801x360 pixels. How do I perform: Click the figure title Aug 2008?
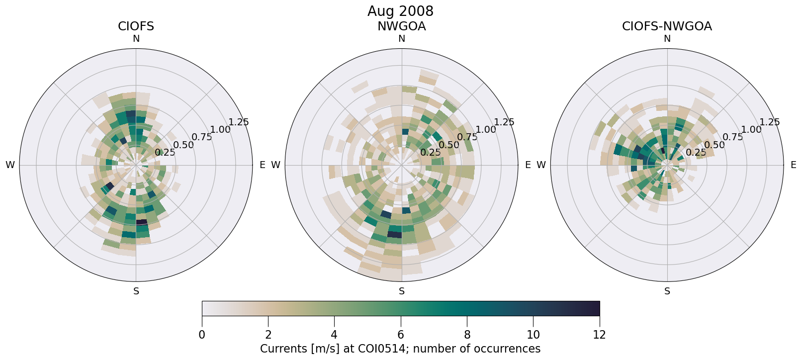point(400,11)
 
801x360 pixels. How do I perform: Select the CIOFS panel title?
point(136,26)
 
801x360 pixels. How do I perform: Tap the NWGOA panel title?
point(401,26)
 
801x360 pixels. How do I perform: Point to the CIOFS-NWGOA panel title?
point(667,26)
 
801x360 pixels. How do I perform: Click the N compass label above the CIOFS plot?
point(136,39)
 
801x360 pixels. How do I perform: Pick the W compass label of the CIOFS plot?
point(10,165)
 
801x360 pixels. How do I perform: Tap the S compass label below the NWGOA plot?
point(402,291)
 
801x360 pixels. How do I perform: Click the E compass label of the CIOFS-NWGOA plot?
point(793,165)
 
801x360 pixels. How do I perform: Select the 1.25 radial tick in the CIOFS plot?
point(238,122)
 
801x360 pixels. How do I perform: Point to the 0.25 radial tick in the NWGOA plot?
point(431,153)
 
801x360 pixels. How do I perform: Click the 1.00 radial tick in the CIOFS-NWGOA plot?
point(751,130)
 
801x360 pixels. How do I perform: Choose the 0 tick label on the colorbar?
point(202,335)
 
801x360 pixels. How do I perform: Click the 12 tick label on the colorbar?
point(599,335)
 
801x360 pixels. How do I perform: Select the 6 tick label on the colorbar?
point(401,335)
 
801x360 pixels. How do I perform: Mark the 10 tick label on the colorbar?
point(533,335)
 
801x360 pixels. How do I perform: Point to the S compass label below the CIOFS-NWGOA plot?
point(667,291)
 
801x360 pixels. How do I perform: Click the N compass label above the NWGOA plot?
point(402,39)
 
